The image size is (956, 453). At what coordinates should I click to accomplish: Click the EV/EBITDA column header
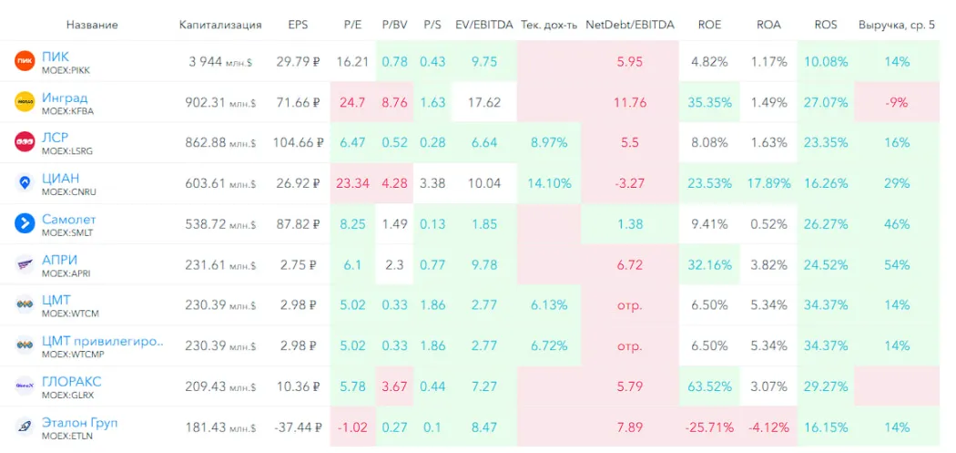482,25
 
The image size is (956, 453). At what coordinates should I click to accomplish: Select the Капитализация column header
220,25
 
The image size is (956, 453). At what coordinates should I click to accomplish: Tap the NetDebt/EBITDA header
630,25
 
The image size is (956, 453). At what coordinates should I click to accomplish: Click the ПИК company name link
56,57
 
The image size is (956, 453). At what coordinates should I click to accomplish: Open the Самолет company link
68,220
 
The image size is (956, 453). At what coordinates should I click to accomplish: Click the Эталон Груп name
79,423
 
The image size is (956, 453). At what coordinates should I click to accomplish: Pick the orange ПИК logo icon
25,62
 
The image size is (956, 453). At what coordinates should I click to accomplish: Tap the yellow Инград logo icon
25,102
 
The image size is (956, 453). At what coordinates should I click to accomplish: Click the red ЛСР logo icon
25,142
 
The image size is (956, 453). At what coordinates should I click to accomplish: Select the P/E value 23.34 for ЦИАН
352,183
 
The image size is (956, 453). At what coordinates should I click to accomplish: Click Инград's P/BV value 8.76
395,102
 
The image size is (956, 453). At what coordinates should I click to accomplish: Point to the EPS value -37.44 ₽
298,427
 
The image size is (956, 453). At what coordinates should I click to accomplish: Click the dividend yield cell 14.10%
549,183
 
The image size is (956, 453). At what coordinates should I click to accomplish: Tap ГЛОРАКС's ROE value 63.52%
709,386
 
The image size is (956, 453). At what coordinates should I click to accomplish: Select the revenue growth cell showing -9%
897,102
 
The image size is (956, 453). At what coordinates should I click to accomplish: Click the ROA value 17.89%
768,183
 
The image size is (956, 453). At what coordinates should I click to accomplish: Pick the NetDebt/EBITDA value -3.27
629,183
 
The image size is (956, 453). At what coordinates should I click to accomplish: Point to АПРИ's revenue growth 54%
897,264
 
